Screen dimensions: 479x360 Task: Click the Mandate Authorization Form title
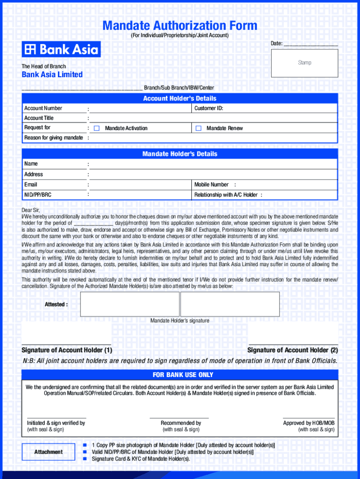point(180,25)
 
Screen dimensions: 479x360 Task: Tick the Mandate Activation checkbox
point(97,128)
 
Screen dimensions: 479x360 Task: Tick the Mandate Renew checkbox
point(198,128)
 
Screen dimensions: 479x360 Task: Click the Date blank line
point(310,44)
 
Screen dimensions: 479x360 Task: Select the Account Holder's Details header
point(180,98)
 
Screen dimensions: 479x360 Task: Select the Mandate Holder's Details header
point(180,154)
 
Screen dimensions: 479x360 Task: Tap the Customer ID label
point(209,108)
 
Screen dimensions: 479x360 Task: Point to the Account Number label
point(43,108)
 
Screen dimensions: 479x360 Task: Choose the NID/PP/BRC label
point(38,194)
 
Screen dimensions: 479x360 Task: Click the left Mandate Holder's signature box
point(130,304)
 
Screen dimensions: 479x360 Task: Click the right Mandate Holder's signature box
point(230,304)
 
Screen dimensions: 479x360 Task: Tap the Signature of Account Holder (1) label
point(67,350)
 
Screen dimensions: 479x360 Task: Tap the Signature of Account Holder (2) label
point(292,350)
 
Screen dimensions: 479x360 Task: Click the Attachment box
point(48,452)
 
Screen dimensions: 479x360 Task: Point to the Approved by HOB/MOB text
point(309,423)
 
